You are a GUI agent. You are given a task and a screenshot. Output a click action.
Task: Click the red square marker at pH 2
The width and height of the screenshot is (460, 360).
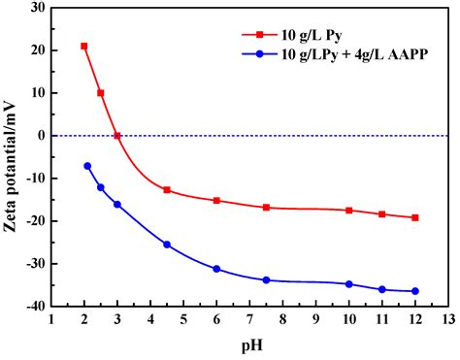coord(84,46)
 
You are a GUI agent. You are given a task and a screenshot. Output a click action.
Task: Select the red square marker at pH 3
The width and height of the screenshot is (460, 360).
coord(117,136)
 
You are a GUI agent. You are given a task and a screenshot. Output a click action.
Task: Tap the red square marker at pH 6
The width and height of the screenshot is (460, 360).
coord(216,201)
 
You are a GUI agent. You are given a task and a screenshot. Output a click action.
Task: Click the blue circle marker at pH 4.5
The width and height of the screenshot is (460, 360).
coord(167,245)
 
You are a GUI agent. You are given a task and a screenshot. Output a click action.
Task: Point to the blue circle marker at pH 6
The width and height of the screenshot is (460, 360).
coord(216,269)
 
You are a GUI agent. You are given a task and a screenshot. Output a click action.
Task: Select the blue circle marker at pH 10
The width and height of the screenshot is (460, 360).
coord(349,284)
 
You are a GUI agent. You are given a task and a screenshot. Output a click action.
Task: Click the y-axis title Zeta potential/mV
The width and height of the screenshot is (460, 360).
coord(12,155)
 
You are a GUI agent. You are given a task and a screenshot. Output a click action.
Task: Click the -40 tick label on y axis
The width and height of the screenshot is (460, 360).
coord(32,307)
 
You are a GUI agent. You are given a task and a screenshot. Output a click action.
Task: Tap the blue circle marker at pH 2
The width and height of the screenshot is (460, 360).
coord(87,166)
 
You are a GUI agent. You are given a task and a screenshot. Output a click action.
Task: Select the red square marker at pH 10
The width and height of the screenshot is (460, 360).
coord(349,211)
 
